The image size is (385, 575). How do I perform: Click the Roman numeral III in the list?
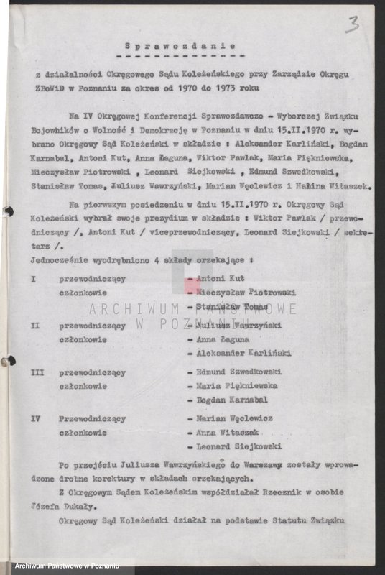(37, 373)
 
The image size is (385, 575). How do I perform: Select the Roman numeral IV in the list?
(36, 418)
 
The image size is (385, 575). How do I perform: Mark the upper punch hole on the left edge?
(6, 212)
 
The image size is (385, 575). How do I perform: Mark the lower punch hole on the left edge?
(6, 361)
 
